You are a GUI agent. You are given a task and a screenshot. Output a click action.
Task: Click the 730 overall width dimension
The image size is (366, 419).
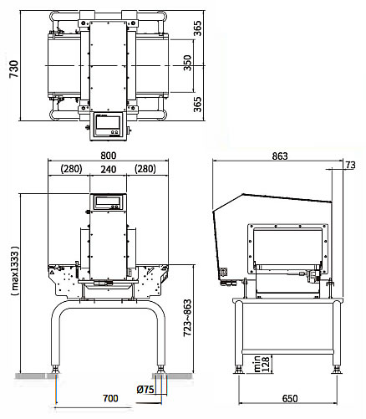coord(13,69)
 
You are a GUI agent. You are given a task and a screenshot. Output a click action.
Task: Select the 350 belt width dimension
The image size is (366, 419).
coord(188,63)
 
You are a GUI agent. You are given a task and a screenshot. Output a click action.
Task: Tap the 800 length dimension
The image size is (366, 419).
coord(108,156)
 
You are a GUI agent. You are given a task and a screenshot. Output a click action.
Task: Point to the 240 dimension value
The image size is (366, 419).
coord(109,169)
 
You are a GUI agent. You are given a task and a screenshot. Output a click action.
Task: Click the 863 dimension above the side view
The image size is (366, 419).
coord(280,156)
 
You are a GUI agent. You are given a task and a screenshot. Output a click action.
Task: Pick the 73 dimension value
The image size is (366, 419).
coord(351,165)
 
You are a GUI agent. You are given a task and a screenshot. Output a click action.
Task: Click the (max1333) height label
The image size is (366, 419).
coord(15,271)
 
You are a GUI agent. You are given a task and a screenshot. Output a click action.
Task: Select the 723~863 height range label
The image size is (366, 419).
coord(187,318)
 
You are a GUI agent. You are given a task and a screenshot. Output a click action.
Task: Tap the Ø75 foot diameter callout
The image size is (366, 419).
coord(145,390)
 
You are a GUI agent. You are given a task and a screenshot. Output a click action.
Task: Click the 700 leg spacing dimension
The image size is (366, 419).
coord(110,398)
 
